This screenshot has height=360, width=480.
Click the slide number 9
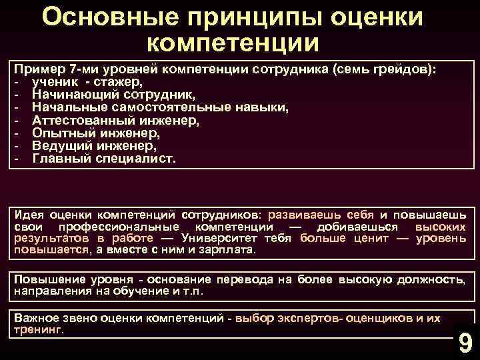pyautogui.click(x=465, y=342)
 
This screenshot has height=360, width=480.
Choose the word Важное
pyautogui.click(x=39, y=318)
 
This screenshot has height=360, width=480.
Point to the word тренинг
pyautogui.click(x=39, y=329)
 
